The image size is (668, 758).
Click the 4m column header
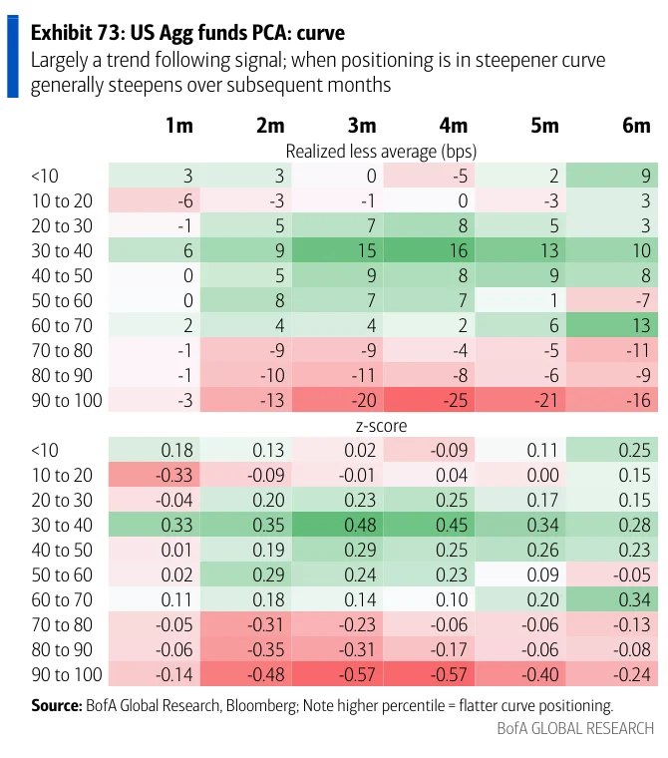(454, 126)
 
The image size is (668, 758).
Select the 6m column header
(636, 126)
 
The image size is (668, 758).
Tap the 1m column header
(179, 126)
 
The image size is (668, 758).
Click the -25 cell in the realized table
(429, 400)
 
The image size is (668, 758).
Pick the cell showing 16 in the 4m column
(429, 250)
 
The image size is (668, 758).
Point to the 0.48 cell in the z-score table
(337, 525)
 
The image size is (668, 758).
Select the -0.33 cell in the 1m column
(155, 475)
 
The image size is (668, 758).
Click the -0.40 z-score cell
(520, 674)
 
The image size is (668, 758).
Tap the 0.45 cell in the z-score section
(429, 525)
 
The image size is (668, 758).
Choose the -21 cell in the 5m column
(520, 400)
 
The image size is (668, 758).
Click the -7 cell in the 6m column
(612, 300)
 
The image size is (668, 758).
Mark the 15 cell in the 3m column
(337, 250)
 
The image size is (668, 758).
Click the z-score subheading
(382, 426)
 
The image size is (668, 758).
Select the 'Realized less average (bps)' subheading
(382, 152)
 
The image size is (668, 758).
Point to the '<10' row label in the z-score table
(45, 450)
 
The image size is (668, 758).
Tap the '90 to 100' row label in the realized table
(67, 400)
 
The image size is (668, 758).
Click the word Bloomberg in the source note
(261, 705)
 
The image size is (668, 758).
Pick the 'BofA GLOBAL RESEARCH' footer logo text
(575, 728)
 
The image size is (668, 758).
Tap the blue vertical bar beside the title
(13, 57)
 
